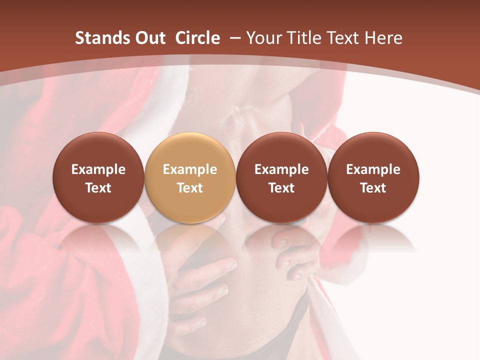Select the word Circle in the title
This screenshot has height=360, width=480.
coord(197,38)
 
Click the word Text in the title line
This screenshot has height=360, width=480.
coord(344,38)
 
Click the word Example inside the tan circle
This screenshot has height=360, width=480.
coord(190,169)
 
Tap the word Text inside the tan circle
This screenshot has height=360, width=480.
coord(190,188)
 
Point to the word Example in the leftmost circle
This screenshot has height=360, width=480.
coord(98,169)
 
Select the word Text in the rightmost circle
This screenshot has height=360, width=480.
coord(373,188)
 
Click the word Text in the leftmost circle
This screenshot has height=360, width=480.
coord(98,188)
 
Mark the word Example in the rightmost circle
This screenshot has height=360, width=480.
coord(373,169)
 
